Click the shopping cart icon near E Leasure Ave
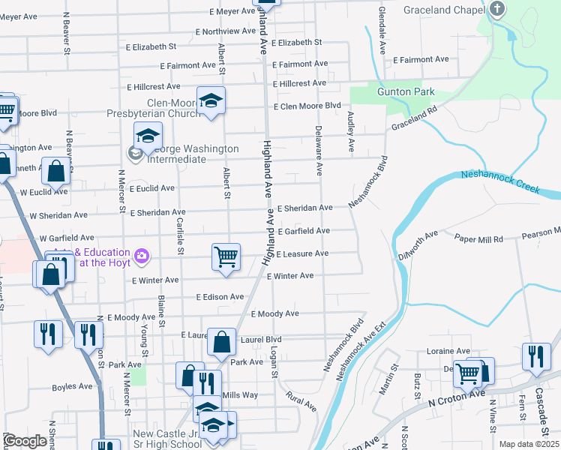[x=226, y=256]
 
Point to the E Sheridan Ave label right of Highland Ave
[x=304, y=208]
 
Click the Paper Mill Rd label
[x=478, y=238]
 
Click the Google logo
[x=25, y=441]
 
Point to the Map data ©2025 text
[x=529, y=444]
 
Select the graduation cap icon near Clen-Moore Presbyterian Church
[x=211, y=100]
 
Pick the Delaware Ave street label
[x=319, y=146]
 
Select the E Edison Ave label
[x=220, y=297]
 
